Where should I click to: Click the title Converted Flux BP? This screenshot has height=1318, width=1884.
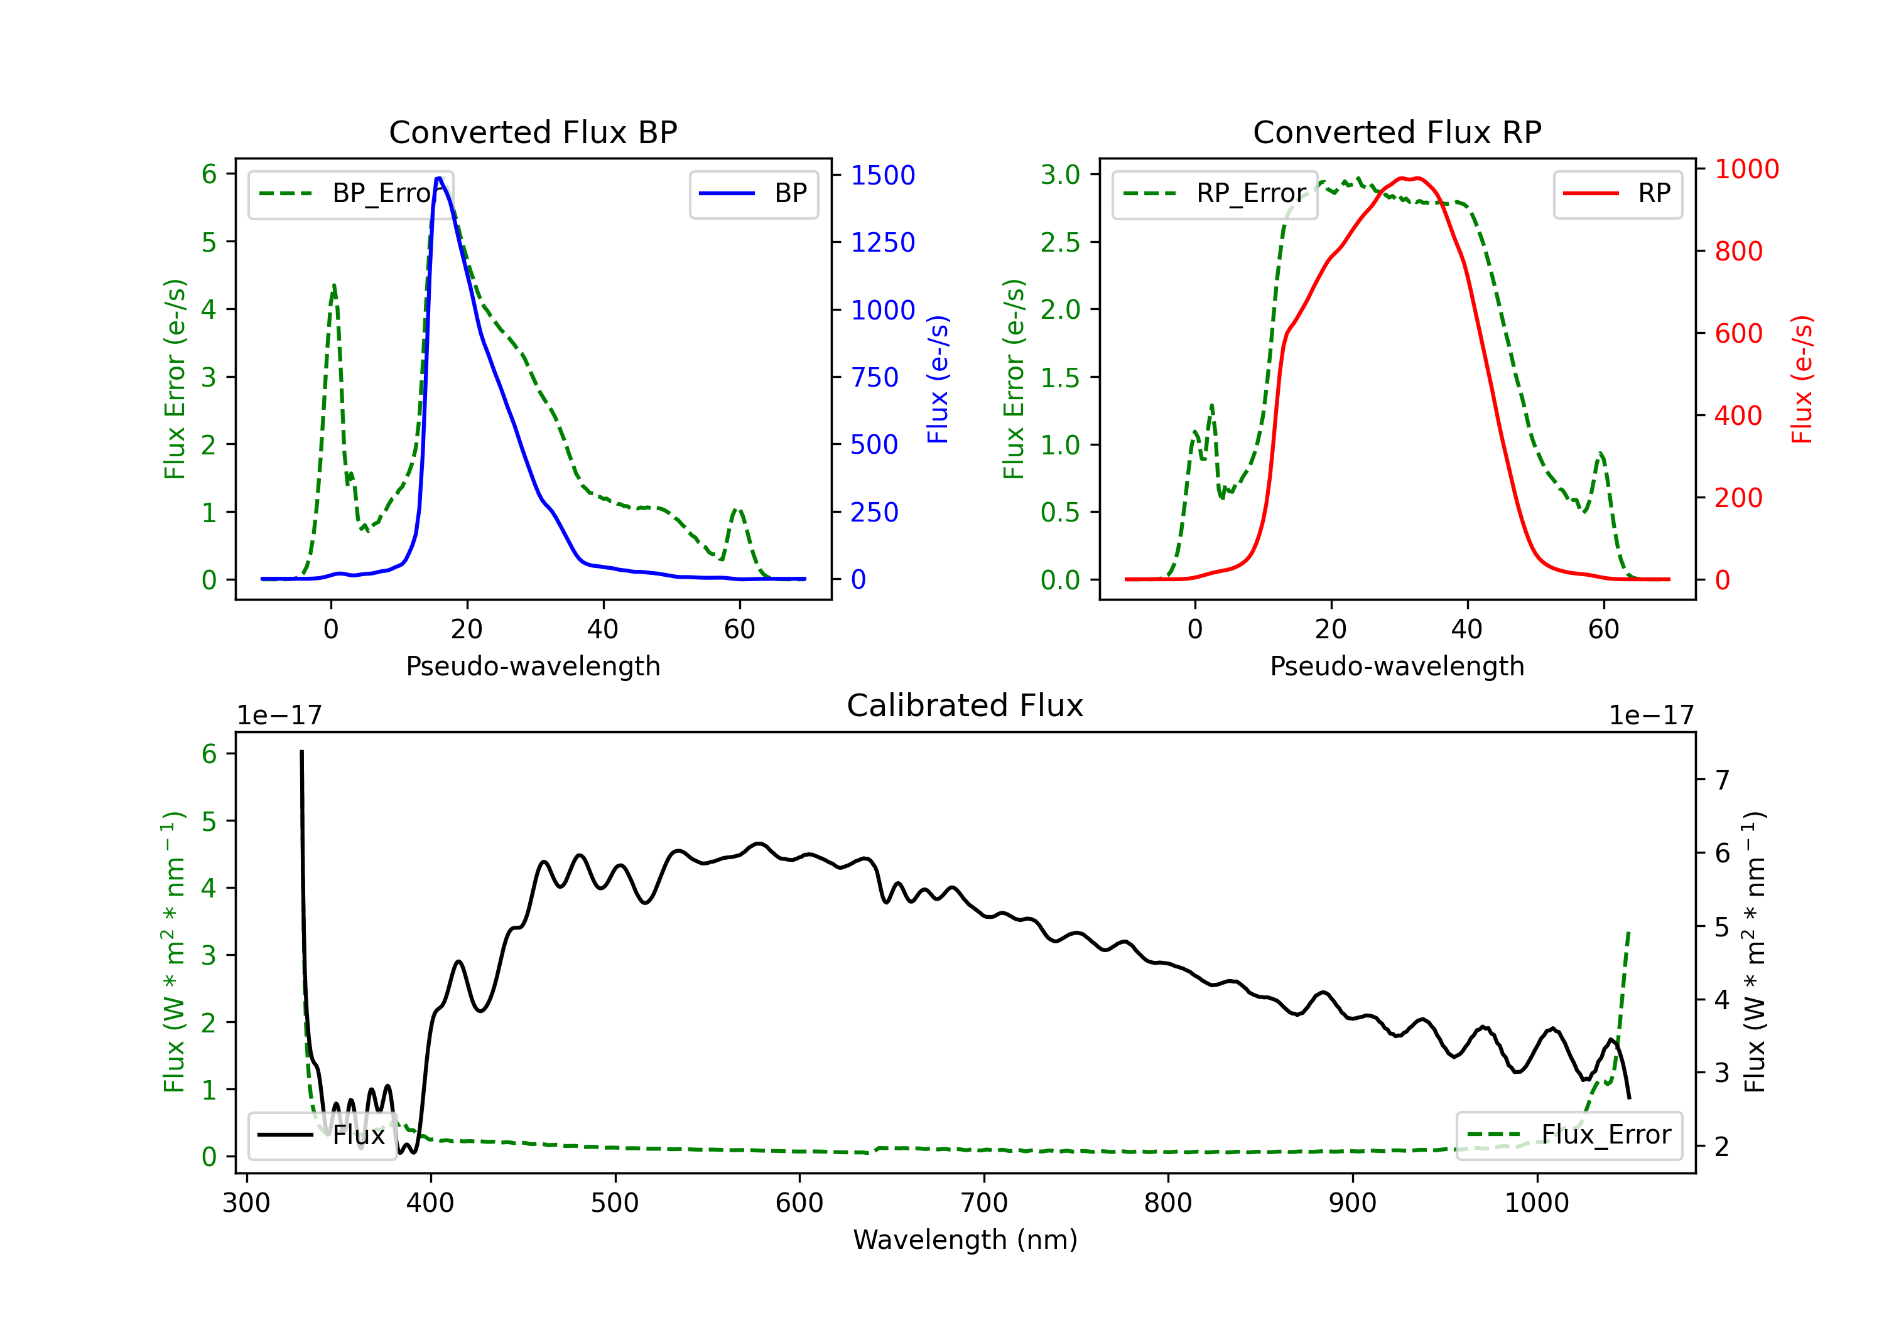(x=533, y=132)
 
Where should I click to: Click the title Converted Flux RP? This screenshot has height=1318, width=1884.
(x=1397, y=132)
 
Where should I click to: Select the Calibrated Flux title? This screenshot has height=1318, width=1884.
(x=965, y=705)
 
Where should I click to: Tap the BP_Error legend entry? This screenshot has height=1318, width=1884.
(x=350, y=193)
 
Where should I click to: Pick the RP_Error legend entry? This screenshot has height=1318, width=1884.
(x=1215, y=193)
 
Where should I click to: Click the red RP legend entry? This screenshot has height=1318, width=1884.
(x=1617, y=193)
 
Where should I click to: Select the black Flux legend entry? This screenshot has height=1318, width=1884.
(x=322, y=1135)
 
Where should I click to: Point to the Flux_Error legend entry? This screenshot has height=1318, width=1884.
(x=1569, y=1135)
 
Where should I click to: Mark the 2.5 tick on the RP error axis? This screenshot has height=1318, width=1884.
(x=1060, y=242)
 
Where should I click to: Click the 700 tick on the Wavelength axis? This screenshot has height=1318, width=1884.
(x=984, y=1203)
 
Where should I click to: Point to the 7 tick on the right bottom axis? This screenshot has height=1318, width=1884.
(x=1723, y=780)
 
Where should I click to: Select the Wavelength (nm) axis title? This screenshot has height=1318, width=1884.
(x=965, y=1240)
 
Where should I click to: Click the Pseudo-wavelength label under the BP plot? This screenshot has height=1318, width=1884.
(x=533, y=666)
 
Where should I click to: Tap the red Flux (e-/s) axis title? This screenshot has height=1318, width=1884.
(x=1802, y=379)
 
